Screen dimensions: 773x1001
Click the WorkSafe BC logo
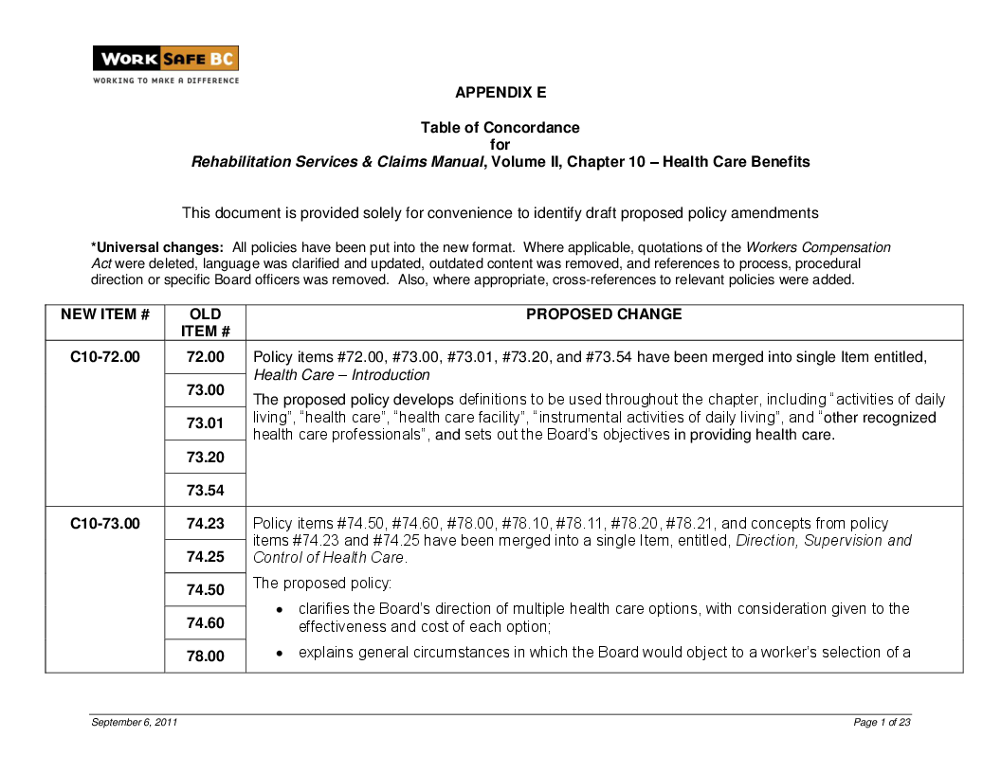(165, 59)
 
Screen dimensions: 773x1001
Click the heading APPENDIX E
(500, 93)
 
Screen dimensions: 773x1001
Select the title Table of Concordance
(500, 128)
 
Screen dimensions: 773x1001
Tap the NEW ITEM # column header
(105, 315)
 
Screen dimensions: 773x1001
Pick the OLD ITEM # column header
(205, 322)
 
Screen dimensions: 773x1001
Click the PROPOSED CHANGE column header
(604, 315)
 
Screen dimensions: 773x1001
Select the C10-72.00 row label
(105, 357)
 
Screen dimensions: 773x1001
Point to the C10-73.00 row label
(105, 524)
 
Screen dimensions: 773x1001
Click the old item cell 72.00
(205, 357)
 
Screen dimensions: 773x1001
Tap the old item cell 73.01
(205, 423)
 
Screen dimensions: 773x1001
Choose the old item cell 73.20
(205, 457)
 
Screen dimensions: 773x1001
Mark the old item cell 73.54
(205, 490)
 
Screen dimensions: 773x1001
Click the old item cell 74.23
(205, 524)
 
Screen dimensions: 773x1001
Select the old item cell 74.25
(205, 557)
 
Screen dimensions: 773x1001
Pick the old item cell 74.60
(205, 623)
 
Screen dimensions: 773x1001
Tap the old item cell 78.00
(205, 656)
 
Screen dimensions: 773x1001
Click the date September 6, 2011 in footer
(135, 723)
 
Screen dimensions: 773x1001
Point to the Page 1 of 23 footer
(882, 723)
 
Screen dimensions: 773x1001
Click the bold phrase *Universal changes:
(156, 247)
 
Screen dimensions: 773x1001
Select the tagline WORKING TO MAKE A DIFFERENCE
(166, 81)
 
